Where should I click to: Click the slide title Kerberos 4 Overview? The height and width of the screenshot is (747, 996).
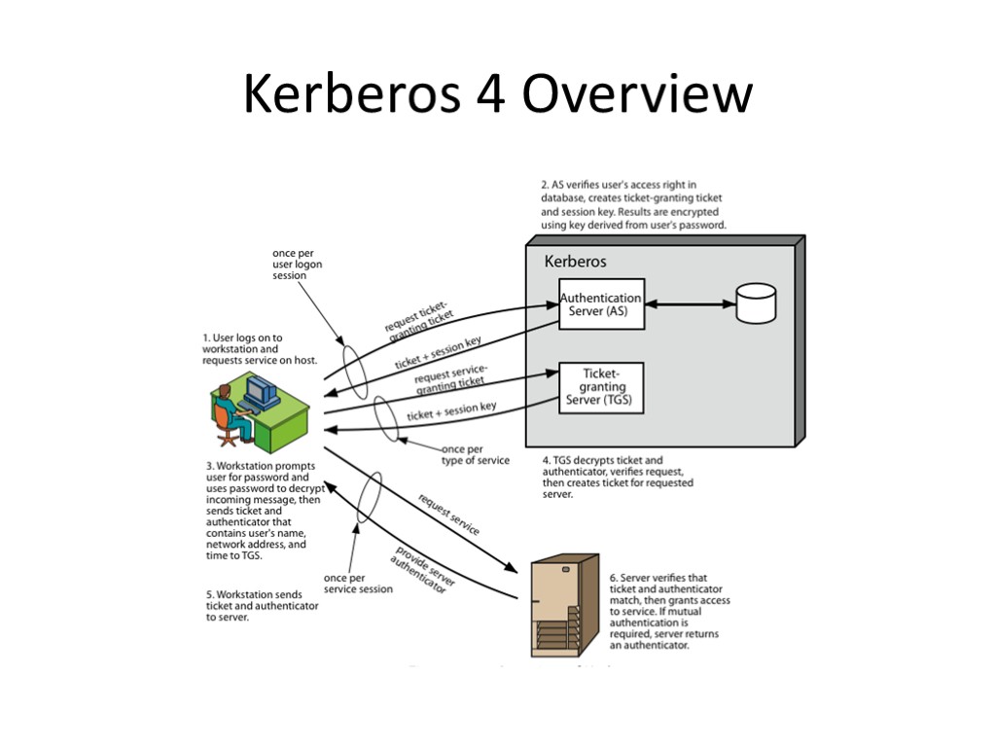[x=497, y=95]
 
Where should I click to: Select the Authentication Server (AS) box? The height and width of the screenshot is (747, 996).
[x=601, y=303]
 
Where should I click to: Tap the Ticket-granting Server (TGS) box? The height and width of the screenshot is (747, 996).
[x=601, y=387]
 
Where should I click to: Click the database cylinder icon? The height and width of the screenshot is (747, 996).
[x=756, y=302]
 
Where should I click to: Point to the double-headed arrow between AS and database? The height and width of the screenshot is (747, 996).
[x=691, y=304]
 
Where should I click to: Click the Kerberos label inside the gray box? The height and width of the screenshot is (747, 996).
[x=575, y=262]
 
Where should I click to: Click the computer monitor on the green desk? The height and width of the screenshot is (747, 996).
[x=262, y=392]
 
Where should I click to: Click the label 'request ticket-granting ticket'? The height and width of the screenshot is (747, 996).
[x=419, y=319]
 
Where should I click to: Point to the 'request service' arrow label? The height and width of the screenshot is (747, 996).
[x=448, y=514]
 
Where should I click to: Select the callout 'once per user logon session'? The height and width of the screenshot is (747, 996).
[x=297, y=265]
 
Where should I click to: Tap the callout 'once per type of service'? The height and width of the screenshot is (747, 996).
[x=475, y=454]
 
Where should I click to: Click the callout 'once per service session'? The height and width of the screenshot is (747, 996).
[x=358, y=583]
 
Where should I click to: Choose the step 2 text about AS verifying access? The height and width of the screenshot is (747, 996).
[x=633, y=204]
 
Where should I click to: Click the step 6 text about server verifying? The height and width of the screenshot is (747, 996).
[x=669, y=611]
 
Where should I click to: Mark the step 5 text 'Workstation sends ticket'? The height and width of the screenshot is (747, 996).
[x=262, y=605]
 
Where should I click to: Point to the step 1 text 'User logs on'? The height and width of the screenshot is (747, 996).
[x=260, y=349]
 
